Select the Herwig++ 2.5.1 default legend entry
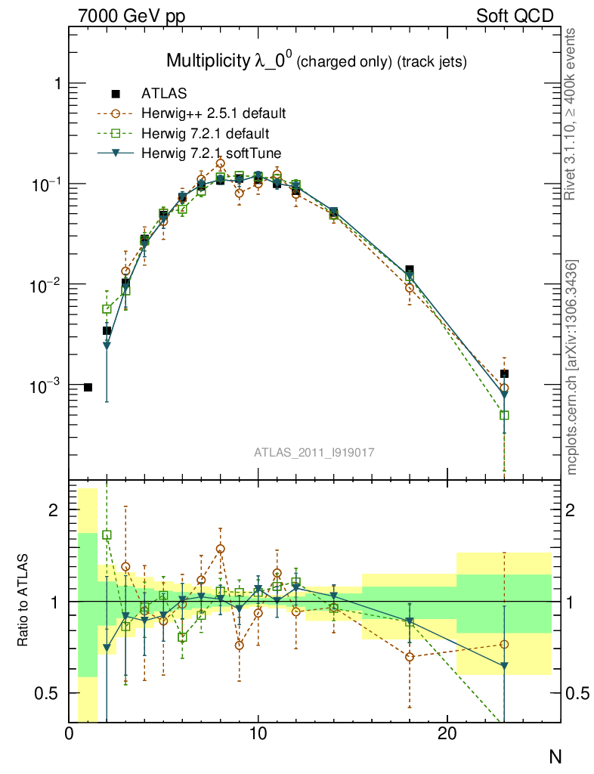(x=213, y=114)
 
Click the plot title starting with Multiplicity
(x=316, y=61)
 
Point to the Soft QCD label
(x=515, y=16)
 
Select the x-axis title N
(x=555, y=757)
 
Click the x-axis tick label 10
(x=258, y=734)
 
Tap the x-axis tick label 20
(x=447, y=734)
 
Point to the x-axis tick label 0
(x=70, y=734)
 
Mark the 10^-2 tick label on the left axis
(x=43, y=285)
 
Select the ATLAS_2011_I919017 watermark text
(x=314, y=452)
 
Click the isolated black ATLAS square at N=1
(x=88, y=387)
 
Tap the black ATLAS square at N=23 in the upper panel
(x=504, y=373)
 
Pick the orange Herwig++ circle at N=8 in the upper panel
(x=221, y=163)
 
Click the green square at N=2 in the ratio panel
(x=107, y=535)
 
